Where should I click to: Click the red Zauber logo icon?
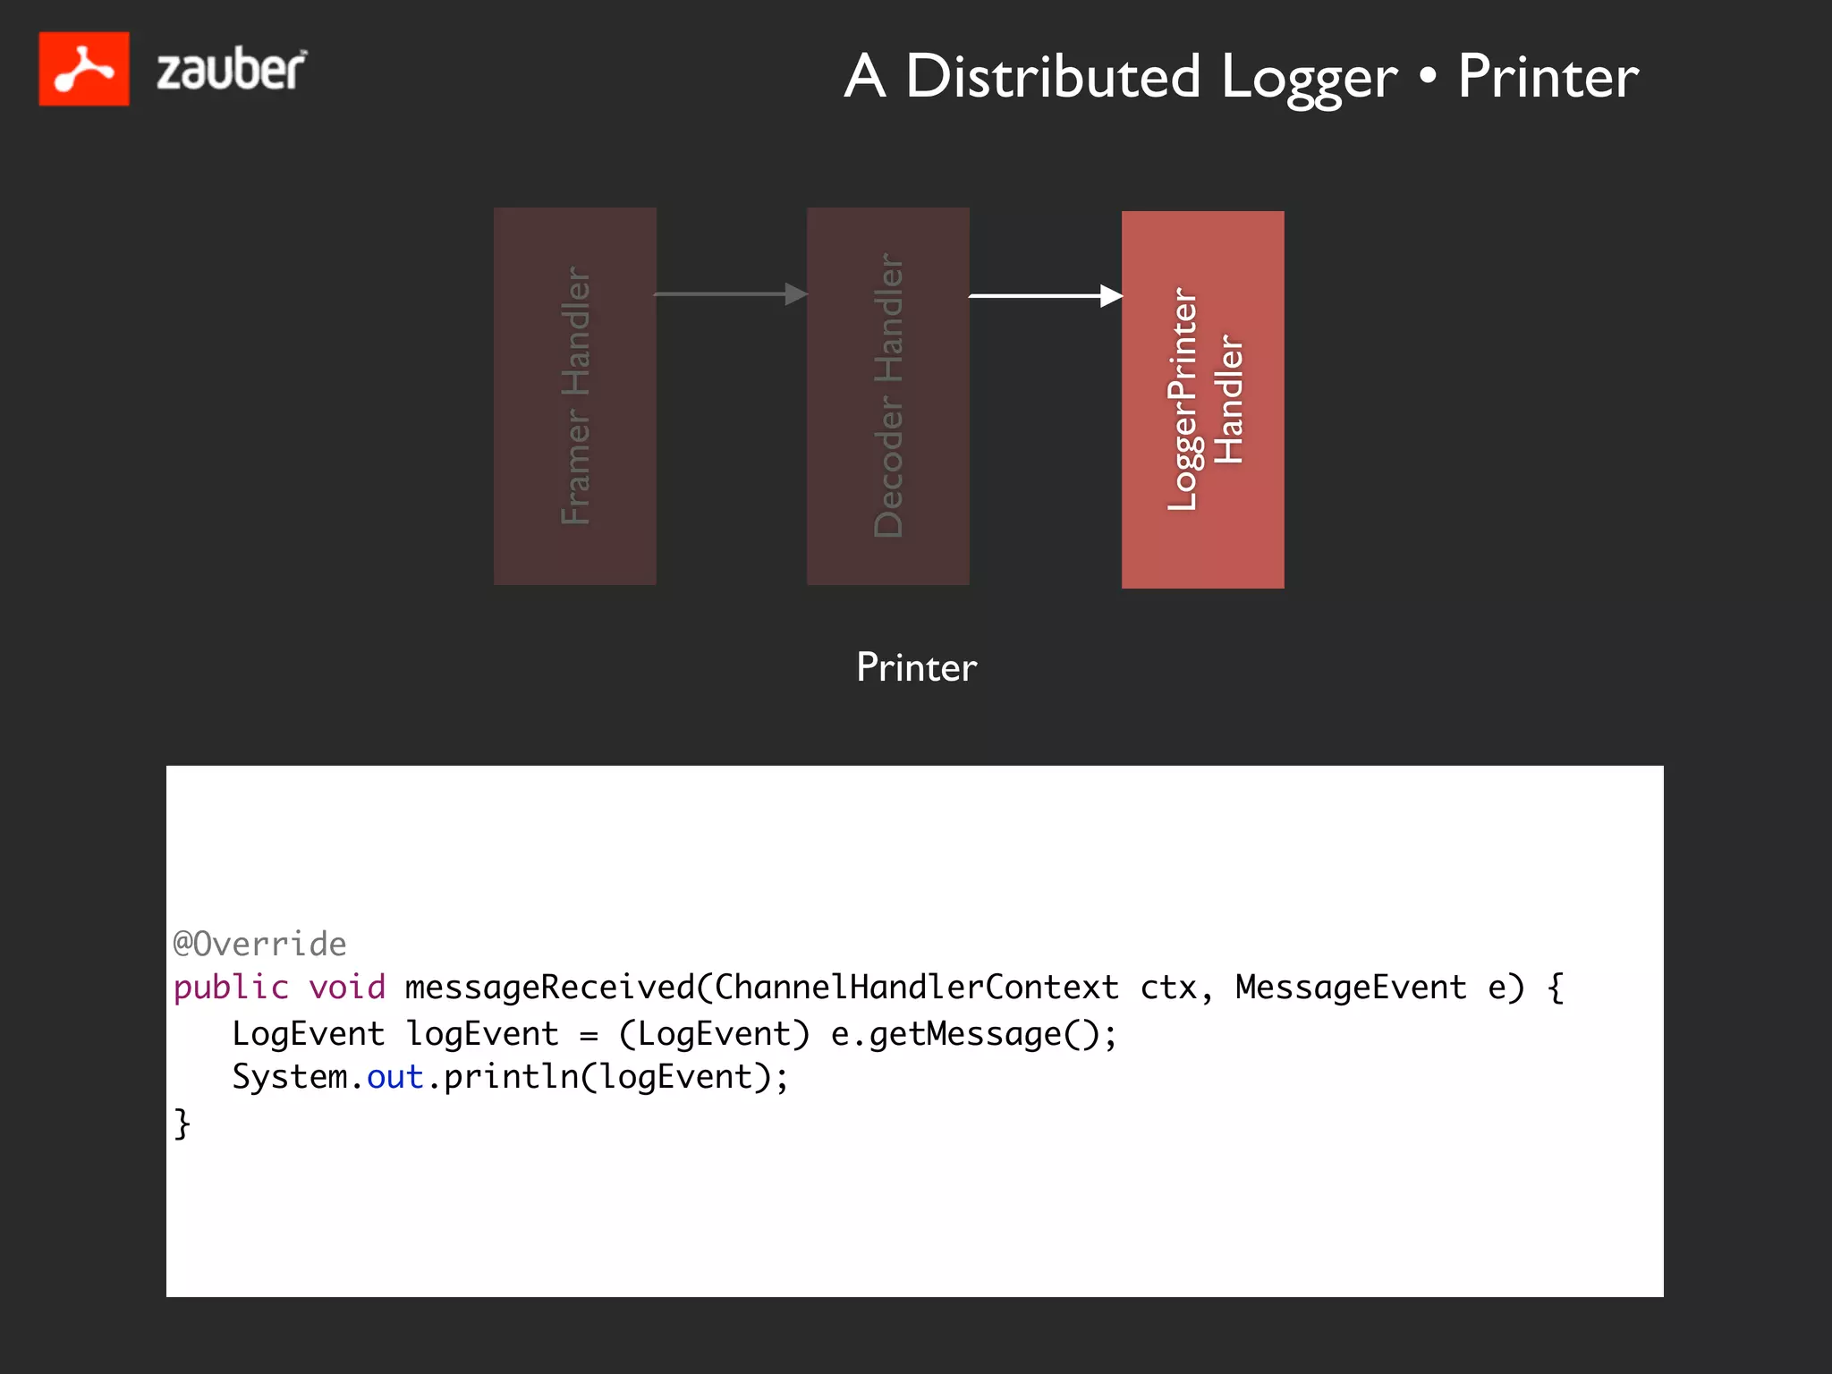(x=84, y=69)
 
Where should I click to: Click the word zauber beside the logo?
(x=231, y=70)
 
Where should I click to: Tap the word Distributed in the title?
(x=1052, y=77)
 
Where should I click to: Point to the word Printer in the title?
(x=1548, y=77)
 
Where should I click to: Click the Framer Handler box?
(x=575, y=396)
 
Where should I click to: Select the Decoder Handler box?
(x=888, y=396)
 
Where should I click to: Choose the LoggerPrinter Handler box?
(x=1203, y=400)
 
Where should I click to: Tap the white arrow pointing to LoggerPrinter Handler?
(x=1045, y=295)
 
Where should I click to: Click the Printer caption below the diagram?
(x=916, y=667)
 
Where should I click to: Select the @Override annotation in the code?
(x=259, y=944)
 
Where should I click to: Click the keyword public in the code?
(x=231, y=988)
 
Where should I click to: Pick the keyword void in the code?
(x=347, y=988)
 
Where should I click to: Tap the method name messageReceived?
(x=549, y=988)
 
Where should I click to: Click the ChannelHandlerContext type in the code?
(x=916, y=988)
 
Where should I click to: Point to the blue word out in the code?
(x=394, y=1077)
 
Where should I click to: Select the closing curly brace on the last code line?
(x=182, y=1123)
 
